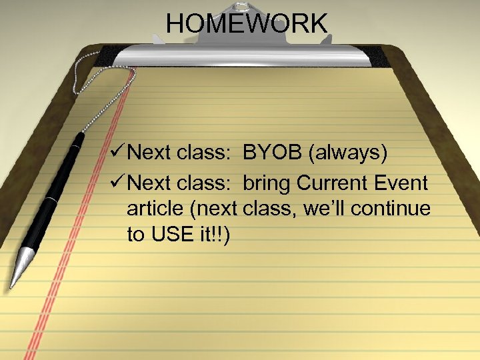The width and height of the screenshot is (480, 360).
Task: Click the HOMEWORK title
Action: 247,25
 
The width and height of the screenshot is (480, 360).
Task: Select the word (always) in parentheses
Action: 349,153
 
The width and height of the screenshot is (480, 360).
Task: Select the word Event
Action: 402,181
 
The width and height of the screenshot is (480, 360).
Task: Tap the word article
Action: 155,208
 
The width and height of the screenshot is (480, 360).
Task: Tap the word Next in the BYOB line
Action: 150,153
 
